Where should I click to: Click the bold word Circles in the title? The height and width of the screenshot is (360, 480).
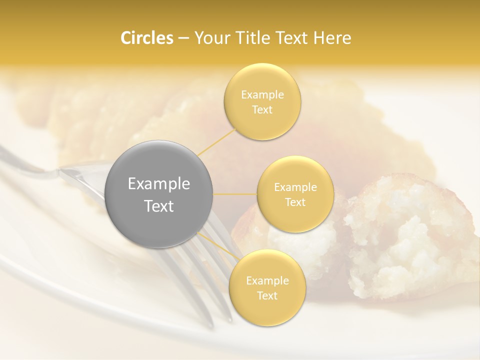click(146, 38)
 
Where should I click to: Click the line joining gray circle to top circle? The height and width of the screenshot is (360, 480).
click(216, 142)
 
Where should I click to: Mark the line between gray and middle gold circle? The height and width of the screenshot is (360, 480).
click(235, 194)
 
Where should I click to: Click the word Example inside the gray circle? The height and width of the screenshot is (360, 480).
click(159, 184)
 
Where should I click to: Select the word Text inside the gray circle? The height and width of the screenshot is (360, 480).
click(159, 206)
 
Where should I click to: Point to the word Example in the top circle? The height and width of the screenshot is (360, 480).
click(262, 95)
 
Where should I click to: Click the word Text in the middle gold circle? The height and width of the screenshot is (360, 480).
click(295, 202)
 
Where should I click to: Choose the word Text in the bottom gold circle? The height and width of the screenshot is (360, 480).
click(267, 295)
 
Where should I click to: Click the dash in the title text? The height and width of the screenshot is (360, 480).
click(183, 38)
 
